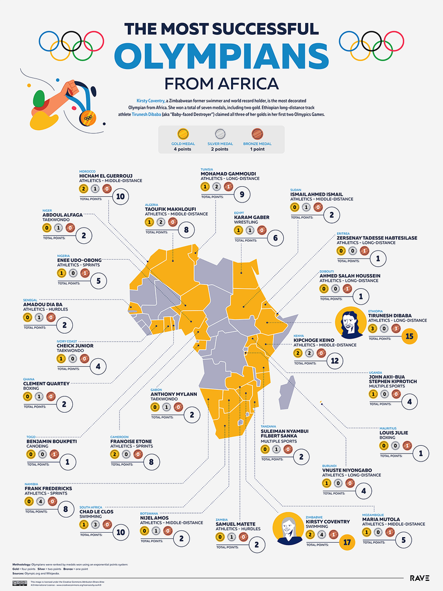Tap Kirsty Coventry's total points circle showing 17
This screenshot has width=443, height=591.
347,542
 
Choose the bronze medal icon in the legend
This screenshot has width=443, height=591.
258,135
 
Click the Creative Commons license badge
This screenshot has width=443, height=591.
20,583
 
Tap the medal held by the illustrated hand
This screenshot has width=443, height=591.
86,117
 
